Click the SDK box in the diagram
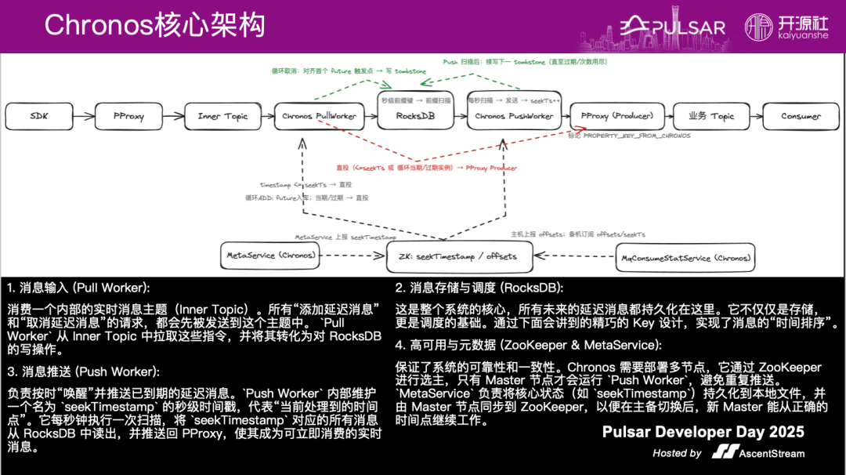pyautogui.click(x=39, y=116)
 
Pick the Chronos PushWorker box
pyautogui.click(x=514, y=116)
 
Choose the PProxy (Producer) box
pyautogui.click(x=616, y=116)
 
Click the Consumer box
pyautogui.click(x=801, y=116)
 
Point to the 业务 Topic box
pyautogui.click(x=711, y=116)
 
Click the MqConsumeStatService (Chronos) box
pyautogui.click(x=685, y=257)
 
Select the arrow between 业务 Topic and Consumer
pyautogui.click(x=755, y=116)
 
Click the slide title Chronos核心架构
pyautogui.click(x=155, y=25)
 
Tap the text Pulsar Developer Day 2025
pyautogui.click(x=703, y=433)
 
